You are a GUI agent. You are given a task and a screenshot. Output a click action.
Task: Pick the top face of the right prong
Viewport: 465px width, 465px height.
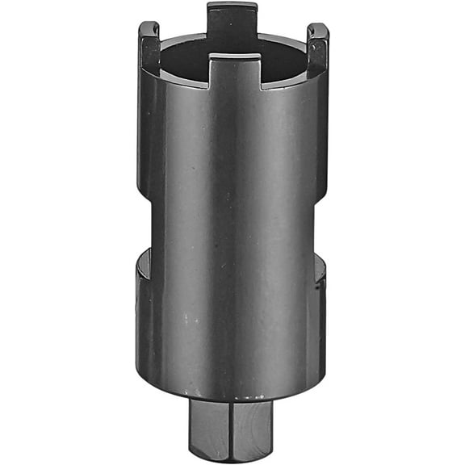(318, 28)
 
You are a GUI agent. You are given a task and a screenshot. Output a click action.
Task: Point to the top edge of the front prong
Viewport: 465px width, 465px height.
(235, 57)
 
